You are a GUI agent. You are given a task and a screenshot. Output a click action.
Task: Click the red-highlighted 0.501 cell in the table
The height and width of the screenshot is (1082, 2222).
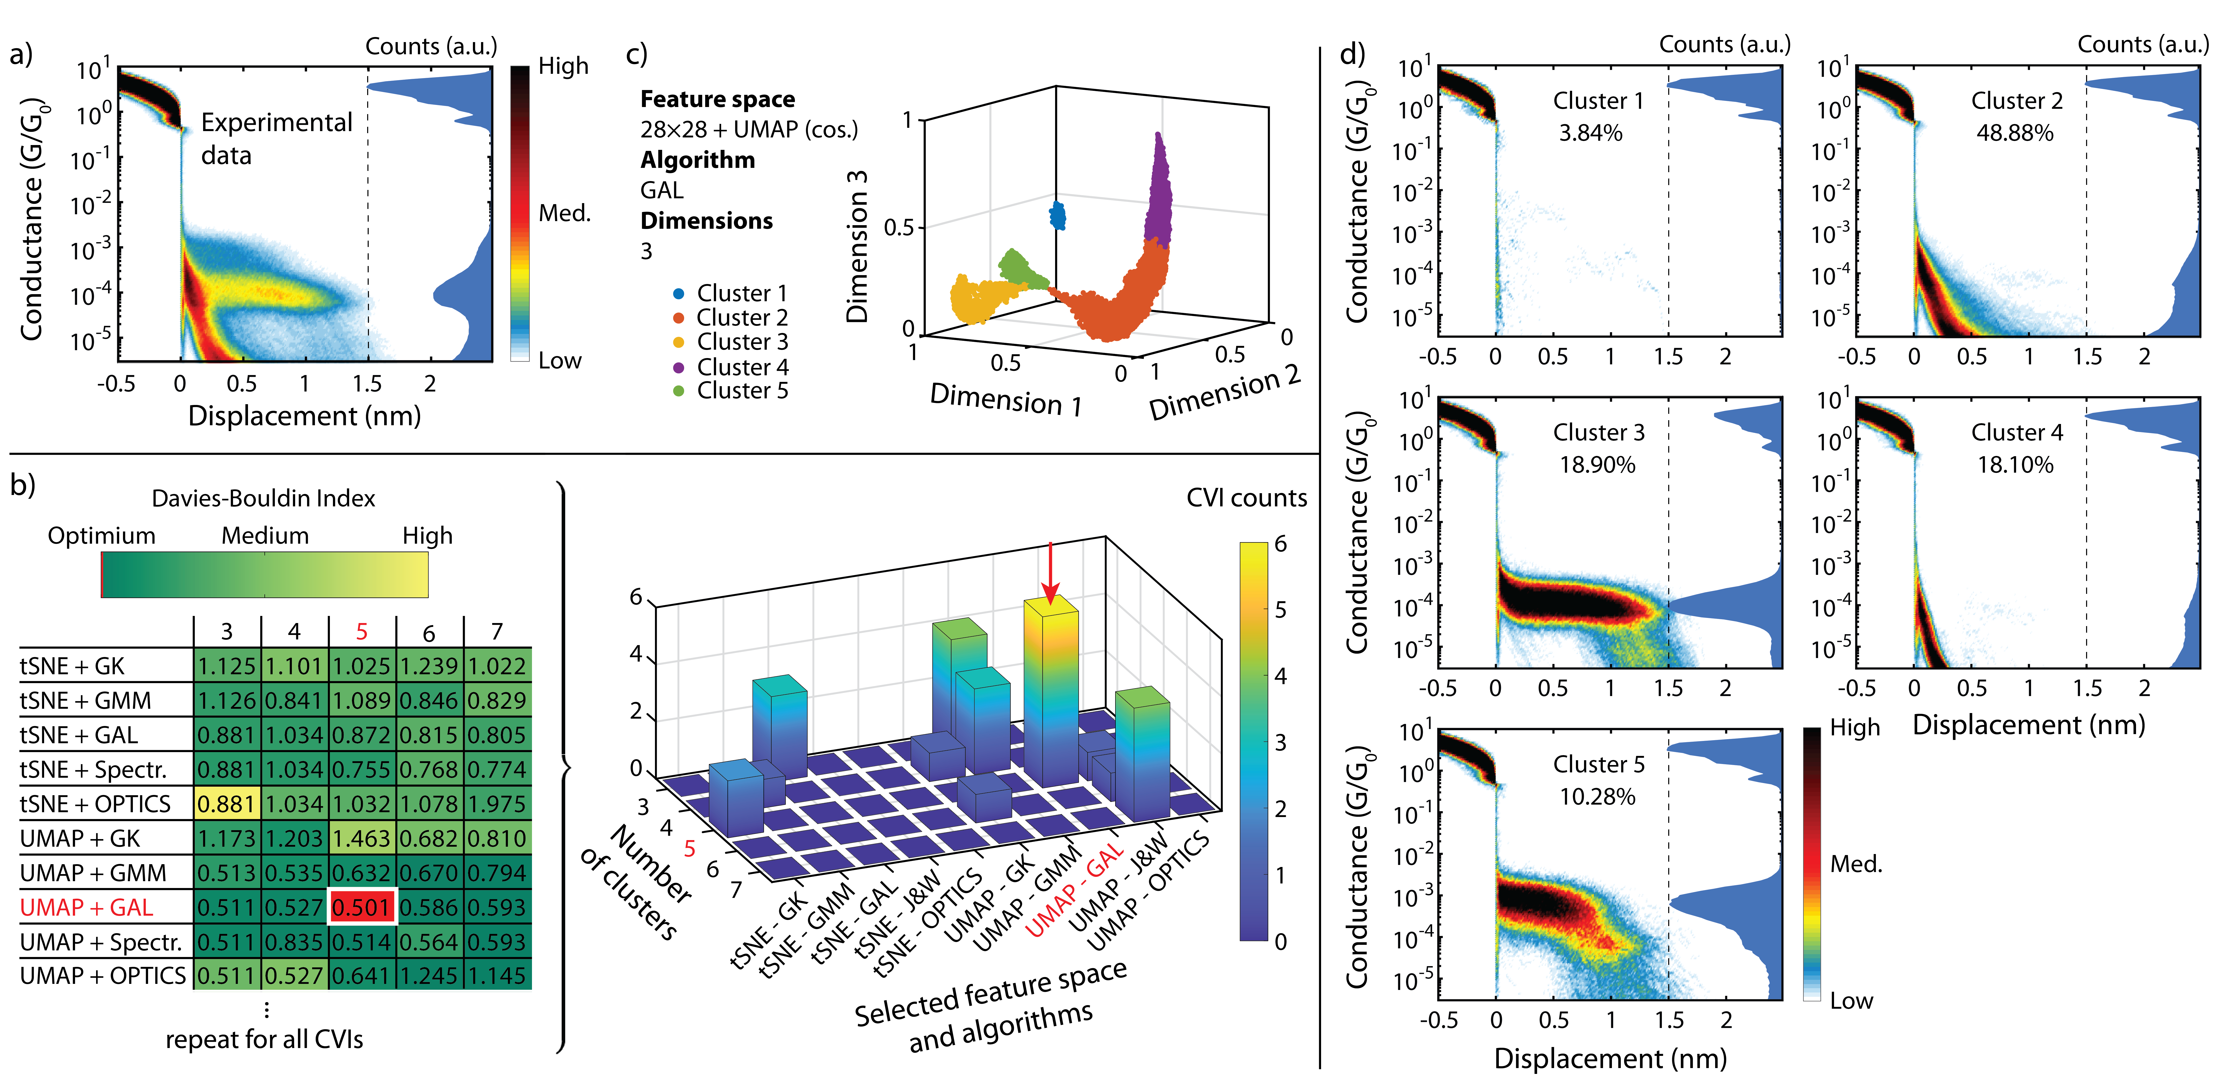click(361, 907)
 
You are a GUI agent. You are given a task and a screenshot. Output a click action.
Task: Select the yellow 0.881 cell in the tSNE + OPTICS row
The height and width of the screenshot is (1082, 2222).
click(226, 803)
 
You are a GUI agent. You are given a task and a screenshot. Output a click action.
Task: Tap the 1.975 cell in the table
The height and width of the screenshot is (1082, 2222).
click(497, 803)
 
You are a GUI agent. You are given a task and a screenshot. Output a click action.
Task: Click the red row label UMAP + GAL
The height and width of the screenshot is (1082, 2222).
click(86, 907)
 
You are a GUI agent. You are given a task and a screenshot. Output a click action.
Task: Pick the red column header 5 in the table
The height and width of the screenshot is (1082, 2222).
click(361, 632)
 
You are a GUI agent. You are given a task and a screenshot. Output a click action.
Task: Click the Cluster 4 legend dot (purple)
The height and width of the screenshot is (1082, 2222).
click(679, 368)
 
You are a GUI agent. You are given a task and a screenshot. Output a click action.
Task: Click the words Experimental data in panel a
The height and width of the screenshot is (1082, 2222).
click(276, 138)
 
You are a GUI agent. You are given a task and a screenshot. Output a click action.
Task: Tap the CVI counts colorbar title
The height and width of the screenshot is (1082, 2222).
click(1247, 498)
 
